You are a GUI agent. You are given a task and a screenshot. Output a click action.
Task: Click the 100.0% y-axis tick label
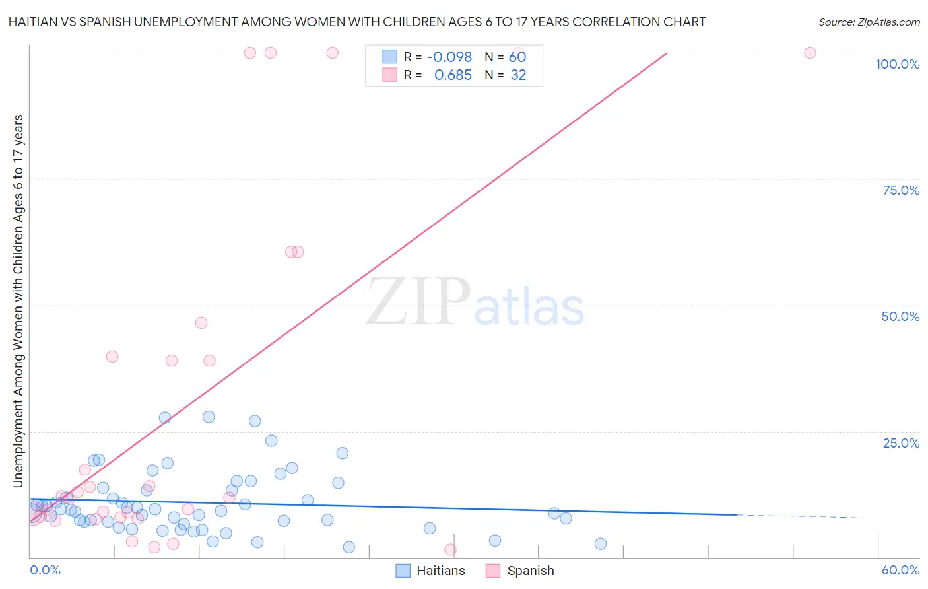coord(897,64)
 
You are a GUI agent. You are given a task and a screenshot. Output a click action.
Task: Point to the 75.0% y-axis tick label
coord(901,190)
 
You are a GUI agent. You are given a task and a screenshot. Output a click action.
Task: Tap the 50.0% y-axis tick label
coord(900,316)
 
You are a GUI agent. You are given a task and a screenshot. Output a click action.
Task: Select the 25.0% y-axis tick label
coord(901,442)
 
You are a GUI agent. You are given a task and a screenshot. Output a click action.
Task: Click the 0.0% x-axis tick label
coord(45,570)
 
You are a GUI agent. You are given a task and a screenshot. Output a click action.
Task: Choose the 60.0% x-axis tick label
coord(900,570)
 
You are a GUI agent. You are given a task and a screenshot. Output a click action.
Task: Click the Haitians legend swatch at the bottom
coord(403,571)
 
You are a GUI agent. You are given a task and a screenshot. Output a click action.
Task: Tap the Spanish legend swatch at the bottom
coord(493,571)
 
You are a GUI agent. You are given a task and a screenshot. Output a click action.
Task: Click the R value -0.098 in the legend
coord(449,57)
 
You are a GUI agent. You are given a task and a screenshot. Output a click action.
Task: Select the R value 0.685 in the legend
coord(453,75)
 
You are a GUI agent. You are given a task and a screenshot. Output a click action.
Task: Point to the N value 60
coord(517,57)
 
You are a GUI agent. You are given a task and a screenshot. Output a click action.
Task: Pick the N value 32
coord(518,75)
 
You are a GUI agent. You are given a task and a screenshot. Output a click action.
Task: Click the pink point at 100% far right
coord(810,53)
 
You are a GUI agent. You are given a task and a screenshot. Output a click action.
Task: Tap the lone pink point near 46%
coord(201,323)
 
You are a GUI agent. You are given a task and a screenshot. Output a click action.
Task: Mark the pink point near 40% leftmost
coord(112,357)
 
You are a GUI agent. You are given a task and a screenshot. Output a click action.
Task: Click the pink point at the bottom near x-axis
coord(450,549)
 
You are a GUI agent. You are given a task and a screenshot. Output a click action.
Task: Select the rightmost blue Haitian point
coord(600,544)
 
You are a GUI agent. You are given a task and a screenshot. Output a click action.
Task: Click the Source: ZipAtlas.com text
coord(869,22)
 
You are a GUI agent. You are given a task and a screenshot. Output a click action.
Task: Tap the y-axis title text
coord(18,301)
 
